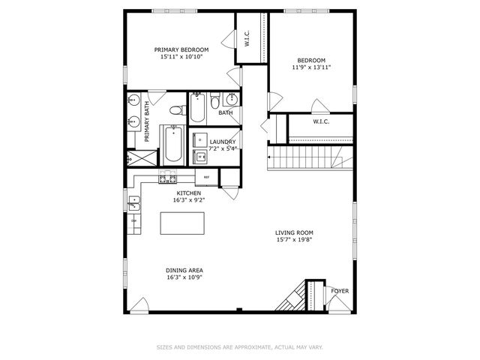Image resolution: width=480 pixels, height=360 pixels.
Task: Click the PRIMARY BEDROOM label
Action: (x=181, y=49)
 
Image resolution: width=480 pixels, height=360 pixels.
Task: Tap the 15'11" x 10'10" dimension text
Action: (x=181, y=56)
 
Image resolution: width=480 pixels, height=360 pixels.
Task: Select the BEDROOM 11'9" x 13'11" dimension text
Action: (x=311, y=67)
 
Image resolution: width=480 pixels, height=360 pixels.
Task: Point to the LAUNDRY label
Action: (x=223, y=142)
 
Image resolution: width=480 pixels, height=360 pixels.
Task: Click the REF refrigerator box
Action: (x=207, y=178)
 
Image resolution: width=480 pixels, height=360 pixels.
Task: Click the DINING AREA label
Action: (x=184, y=270)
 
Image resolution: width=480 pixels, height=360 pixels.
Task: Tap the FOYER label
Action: (x=340, y=291)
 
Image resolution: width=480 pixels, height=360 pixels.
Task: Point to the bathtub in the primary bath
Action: (x=174, y=143)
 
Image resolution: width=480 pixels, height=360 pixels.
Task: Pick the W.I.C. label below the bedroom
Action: (x=321, y=121)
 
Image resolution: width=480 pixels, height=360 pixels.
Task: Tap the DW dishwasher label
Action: (x=134, y=220)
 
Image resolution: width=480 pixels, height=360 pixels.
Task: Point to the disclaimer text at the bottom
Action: (x=239, y=346)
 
